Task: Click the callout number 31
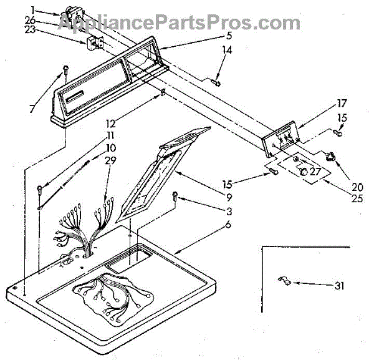coord(338,286)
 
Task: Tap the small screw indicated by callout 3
coord(176,198)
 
